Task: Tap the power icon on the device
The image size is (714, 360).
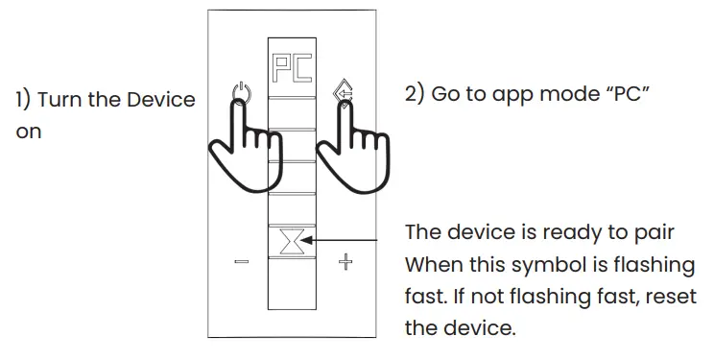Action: [241, 95]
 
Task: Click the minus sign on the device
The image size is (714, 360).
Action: [240, 261]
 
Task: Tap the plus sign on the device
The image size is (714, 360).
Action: [344, 261]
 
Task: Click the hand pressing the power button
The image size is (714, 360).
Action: [244, 144]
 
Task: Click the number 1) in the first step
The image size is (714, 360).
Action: [23, 101]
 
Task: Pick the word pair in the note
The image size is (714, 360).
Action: [657, 232]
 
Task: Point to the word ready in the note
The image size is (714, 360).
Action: [569, 233]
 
